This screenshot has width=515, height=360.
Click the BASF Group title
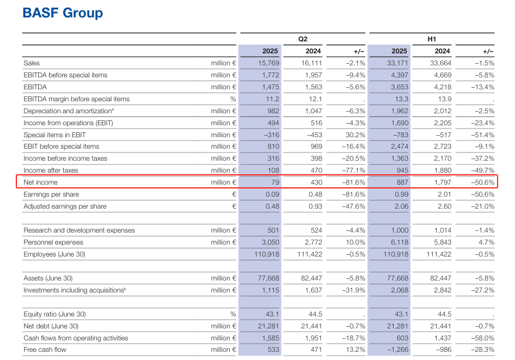pyautogui.click(x=63, y=13)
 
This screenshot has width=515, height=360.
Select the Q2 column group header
pyautogui.click(x=303, y=39)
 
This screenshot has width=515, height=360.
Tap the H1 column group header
pyautogui.click(x=432, y=39)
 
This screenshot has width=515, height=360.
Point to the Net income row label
pyautogui.click(x=40, y=182)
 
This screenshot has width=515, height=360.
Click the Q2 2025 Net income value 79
pyautogui.click(x=275, y=182)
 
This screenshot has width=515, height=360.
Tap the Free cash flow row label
pyautogui.click(x=45, y=350)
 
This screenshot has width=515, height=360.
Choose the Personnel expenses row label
pyautogui.click(x=53, y=242)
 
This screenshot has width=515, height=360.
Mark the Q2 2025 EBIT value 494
pyautogui.click(x=272, y=123)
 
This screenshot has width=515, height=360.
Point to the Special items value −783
pyautogui.click(x=400, y=135)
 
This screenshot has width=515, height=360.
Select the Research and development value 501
pyautogui.click(x=272, y=230)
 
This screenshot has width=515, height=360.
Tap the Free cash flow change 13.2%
pyautogui.click(x=355, y=350)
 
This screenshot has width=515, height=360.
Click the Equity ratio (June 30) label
pyautogui.click(x=54, y=314)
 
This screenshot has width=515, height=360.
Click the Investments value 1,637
pyautogui.click(x=312, y=290)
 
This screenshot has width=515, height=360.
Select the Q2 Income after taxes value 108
pyautogui.click(x=273, y=170)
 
